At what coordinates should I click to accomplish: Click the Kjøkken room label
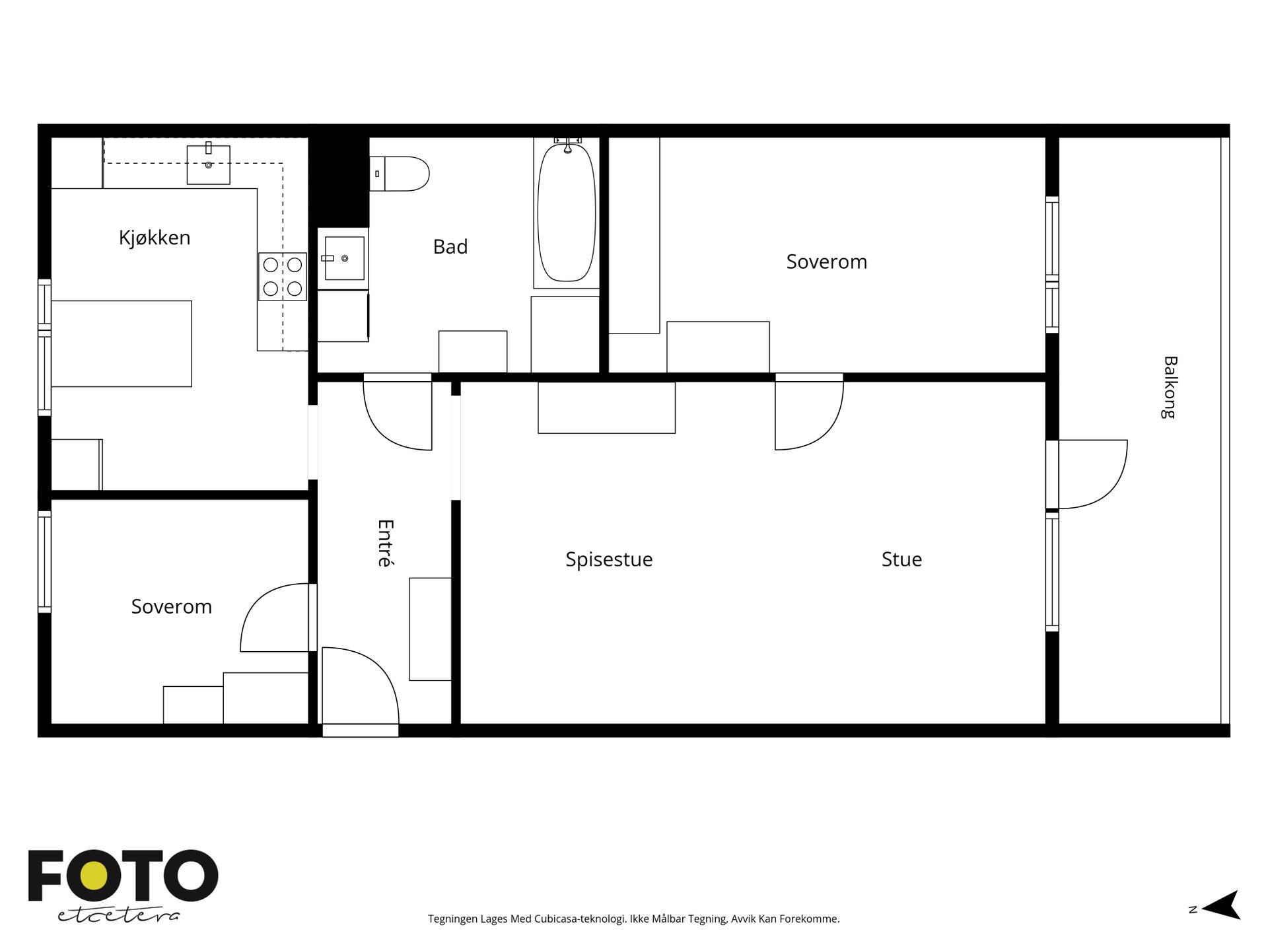[x=155, y=238]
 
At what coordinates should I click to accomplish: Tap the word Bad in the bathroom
[x=450, y=246]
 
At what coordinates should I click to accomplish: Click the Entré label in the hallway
[x=385, y=543]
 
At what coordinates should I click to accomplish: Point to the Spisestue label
[x=609, y=559]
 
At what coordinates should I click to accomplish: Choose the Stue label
[x=901, y=559]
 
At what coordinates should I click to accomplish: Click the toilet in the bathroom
[x=400, y=174]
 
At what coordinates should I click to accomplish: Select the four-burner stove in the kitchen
[x=283, y=277]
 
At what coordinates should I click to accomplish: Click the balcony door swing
[x=1092, y=474]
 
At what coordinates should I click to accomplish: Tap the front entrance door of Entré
[x=360, y=687]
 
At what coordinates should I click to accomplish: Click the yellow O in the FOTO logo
[x=94, y=876]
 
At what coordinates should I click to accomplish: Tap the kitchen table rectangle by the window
[x=122, y=343]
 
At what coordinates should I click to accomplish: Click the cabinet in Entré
[x=431, y=629]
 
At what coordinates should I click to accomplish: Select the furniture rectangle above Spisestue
[x=607, y=407]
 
